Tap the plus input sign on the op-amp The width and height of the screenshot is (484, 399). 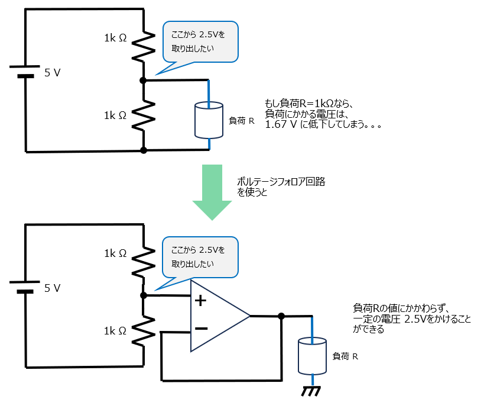pyautogui.click(x=201, y=301)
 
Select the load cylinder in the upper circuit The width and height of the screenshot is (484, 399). pyautogui.click(x=209, y=120)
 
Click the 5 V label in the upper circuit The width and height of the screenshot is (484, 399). pyautogui.click(x=52, y=73)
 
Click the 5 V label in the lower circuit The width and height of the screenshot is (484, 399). pyautogui.click(x=52, y=288)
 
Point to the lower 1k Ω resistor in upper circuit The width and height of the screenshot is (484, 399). pyautogui.click(x=143, y=115)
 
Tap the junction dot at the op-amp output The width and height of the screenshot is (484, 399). pyautogui.click(x=281, y=316)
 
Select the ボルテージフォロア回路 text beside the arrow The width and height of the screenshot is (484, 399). pyautogui.click(x=280, y=182)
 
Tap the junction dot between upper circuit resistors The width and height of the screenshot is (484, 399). pyautogui.click(x=143, y=80)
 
